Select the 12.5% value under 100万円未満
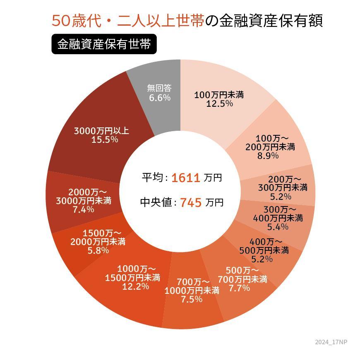pyautogui.click(x=219, y=104)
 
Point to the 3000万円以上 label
pyautogui.click(x=101, y=131)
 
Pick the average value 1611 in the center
pyautogui.click(x=186, y=178)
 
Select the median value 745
pyautogui.click(x=191, y=203)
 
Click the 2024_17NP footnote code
pyautogui.click(x=331, y=342)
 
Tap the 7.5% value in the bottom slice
pyautogui.click(x=192, y=299)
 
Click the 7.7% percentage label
pyautogui.click(x=239, y=288)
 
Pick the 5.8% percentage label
pyautogui.click(x=98, y=250)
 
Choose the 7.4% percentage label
pyautogui.click(x=84, y=209)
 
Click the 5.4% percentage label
pyautogui.click(x=278, y=227)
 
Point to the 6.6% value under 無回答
pyautogui.click(x=160, y=98)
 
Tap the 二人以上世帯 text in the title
pyautogui.click(x=161, y=21)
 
